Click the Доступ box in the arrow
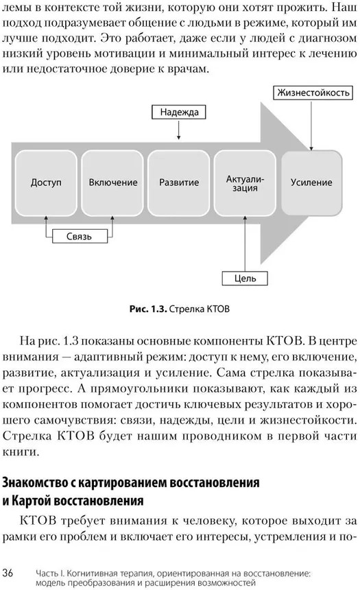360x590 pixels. click(46, 183)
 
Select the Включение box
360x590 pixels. click(112, 183)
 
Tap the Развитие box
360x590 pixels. click(179, 183)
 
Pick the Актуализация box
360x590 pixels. click(245, 183)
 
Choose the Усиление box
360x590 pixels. click(312, 183)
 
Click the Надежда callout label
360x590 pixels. click(179, 112)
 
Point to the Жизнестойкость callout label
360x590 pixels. click(313, 93)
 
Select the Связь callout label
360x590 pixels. click(80, 236)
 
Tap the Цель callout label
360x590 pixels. click(245, 279)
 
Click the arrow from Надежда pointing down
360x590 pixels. click(179, 130)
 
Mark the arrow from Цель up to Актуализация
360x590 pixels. click(245, 244)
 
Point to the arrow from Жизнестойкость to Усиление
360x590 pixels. click(311, 126)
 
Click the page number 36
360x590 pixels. click(8, 573)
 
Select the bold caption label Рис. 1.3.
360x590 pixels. click(148, 309)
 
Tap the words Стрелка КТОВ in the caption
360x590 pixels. click(200, 309)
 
